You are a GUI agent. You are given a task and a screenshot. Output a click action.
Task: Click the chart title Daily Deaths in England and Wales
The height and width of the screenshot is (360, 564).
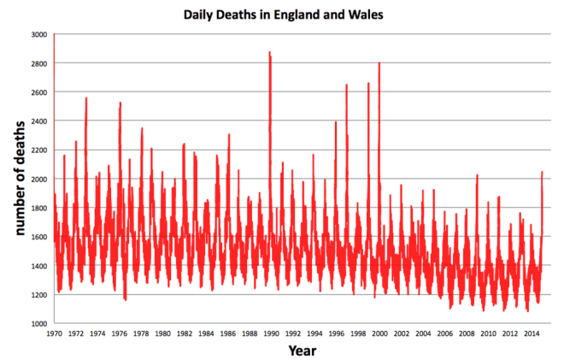coord(282,15)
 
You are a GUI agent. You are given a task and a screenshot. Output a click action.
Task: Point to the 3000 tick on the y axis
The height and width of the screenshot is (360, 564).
coord(38,34)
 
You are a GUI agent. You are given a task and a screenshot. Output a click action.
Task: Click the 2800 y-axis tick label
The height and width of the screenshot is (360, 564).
coord(38,63)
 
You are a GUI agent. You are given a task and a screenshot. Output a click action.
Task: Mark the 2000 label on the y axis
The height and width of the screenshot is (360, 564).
coord(38,179)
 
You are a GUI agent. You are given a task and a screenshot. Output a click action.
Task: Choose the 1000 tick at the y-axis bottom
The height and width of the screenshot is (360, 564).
coord(38,323)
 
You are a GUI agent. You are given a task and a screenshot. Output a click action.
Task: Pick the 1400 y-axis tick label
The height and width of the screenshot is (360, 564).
coord(38,266)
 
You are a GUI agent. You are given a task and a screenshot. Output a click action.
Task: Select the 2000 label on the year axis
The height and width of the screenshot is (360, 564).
coord(379,333)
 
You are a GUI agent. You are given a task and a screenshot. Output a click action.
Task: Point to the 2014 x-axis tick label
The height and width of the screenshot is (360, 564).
coord(531,333)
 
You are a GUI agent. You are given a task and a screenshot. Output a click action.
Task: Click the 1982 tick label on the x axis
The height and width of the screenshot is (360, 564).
coord(183,333)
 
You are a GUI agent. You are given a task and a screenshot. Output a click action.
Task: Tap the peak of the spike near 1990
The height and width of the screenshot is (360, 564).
coord(269,52)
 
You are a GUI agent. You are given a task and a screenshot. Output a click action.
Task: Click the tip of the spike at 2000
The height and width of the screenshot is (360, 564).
coord(379,63)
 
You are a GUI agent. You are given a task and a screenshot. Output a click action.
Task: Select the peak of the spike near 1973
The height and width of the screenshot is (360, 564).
coord(85,97)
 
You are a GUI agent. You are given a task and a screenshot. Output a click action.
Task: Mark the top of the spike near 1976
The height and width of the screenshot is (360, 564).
coord(120,103)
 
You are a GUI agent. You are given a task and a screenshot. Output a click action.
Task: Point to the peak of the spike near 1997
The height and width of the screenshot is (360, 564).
coord(346,85)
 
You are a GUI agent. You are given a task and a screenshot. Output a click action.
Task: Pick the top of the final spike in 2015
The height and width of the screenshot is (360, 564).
coord(543,172)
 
